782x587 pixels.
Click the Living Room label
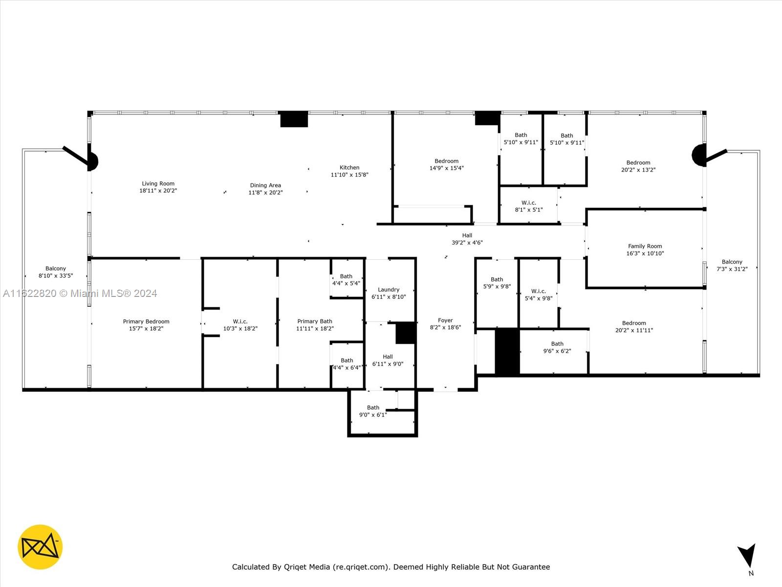[158, 183]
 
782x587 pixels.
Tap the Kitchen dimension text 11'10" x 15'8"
[349, 175]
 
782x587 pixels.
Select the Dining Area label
[265, 185]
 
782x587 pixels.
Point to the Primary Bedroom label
[146, 321]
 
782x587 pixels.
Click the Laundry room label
[389, 290]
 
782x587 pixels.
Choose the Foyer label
[445, 320]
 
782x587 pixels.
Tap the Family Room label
[645, 246]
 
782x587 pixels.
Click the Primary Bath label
[315, 321]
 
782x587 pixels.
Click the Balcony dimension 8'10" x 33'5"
[56, 275]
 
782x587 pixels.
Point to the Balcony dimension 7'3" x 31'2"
[732, 269]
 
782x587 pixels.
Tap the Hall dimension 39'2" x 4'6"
[467, 243]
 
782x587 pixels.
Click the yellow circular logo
[40, 547]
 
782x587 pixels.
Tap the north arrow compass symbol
[747, 555]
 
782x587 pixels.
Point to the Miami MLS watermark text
[80, 293]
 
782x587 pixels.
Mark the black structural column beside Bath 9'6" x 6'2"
[507, 351]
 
